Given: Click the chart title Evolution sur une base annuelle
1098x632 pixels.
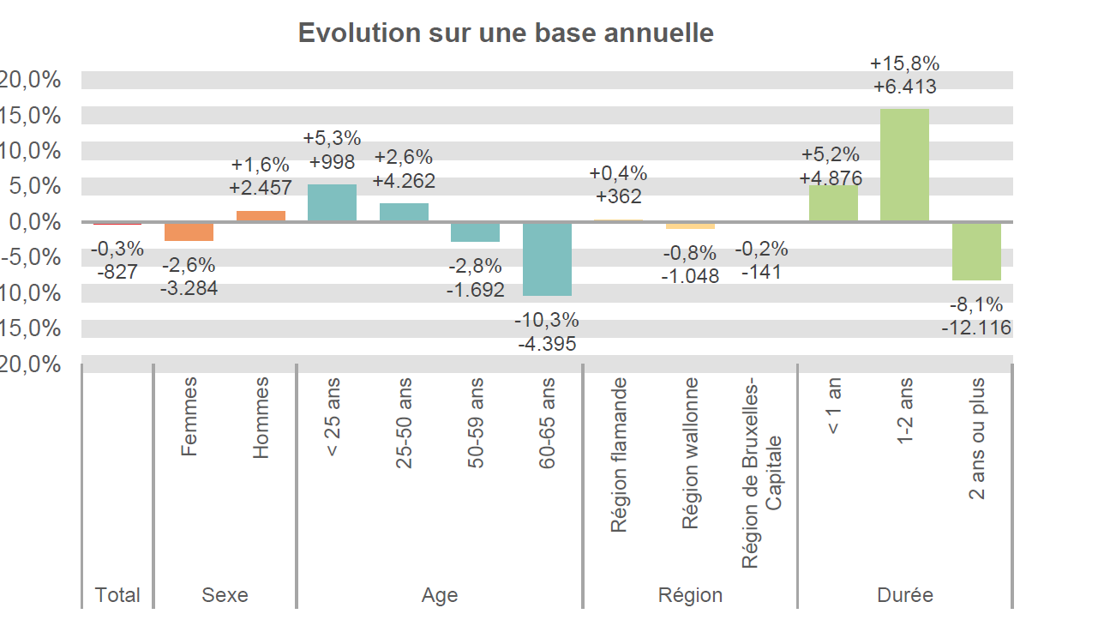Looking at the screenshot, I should [506, 33].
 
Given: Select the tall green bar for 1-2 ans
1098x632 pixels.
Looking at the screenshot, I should [904, 165].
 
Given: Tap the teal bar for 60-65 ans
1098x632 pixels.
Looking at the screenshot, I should [547, 259].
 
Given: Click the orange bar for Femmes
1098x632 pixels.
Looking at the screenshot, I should [189, 232].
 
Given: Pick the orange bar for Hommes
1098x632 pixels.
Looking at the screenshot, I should [261, 216].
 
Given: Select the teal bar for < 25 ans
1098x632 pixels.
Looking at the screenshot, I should [332, 203].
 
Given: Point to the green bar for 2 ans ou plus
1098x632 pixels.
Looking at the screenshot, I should [976, 251].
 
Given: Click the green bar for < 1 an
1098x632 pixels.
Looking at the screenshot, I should [833, 203].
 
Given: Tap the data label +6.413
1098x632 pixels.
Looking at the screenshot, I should [904, 87].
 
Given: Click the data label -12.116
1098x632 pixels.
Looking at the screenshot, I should [976, 328].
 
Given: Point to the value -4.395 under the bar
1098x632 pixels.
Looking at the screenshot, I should [547, 344].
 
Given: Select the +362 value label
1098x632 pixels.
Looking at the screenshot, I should [618, 196].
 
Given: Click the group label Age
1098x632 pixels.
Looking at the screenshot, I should [440, 595].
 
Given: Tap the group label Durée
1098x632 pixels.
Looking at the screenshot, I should [905, 595].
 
